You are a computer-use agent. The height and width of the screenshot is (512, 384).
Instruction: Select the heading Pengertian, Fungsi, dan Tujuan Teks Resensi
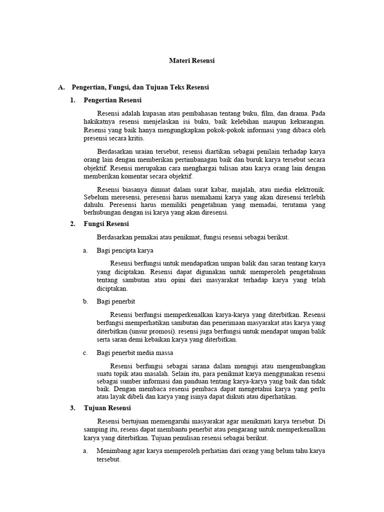point(140,87)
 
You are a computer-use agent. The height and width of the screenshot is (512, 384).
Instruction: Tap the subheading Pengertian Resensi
point(112,100)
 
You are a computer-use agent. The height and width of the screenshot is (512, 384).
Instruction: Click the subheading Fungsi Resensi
point(106,224)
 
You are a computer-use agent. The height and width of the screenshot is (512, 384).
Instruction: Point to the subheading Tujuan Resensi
point(107,408)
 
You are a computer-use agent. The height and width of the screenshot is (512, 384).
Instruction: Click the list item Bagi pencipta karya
point(125,250)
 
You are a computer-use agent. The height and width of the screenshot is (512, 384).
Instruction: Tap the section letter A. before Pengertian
point(61,87)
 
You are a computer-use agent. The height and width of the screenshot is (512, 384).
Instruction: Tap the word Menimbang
point(113,451)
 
